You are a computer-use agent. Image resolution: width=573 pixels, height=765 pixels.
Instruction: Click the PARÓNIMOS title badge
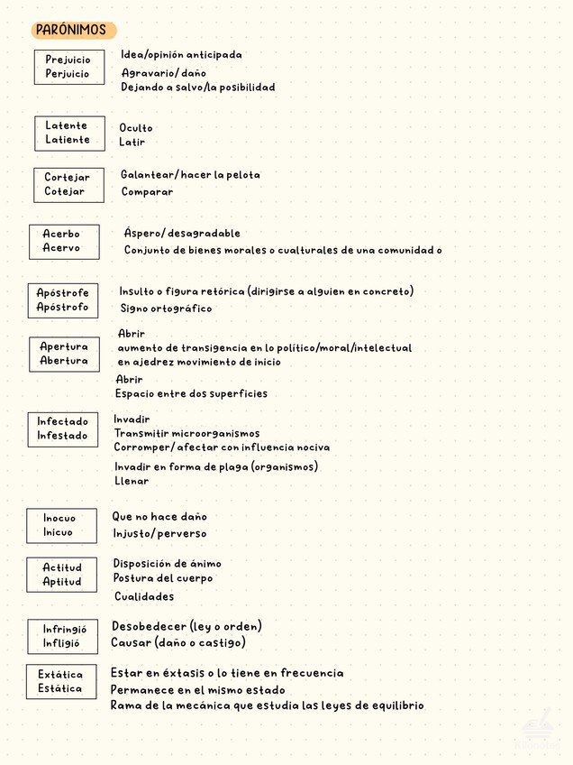[71, 30]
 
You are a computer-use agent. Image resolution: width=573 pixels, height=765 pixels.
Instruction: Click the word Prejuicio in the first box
[68, 60]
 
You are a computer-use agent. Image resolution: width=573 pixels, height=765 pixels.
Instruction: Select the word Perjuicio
[68, 74]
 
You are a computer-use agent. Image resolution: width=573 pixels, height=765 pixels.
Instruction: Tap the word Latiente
[68, 140]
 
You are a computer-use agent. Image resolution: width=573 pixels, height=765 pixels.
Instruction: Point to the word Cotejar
[65, 191]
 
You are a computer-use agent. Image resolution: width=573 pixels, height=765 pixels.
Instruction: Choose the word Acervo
[61, 248]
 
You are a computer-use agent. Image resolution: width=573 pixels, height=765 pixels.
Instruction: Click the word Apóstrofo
[62, 307]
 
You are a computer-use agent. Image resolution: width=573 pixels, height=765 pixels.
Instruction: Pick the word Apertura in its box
[64, 346]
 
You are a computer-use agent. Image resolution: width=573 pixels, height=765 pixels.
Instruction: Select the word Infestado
[62, 436]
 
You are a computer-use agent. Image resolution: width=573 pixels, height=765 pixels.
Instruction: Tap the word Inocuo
[59, 518]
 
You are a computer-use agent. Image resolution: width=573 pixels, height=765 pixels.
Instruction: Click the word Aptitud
[61, 582]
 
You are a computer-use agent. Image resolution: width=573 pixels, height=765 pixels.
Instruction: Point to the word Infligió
[61, 643]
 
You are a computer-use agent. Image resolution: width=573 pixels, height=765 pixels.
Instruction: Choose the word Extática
[60, 674]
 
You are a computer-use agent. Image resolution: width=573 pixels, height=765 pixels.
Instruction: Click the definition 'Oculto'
[136, 128]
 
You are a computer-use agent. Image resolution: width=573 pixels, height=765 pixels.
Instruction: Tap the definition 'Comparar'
[147, 191]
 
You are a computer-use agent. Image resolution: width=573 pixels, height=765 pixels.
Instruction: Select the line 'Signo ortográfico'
[167, 309]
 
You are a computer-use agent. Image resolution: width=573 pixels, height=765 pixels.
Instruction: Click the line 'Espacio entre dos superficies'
[191, 393]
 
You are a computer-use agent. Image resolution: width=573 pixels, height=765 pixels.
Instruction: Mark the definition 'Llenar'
[132, 481]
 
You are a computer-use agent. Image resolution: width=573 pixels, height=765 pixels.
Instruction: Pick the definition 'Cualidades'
[144, 596]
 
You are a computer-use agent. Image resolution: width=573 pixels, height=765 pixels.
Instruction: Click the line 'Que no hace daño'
[159, 517]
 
